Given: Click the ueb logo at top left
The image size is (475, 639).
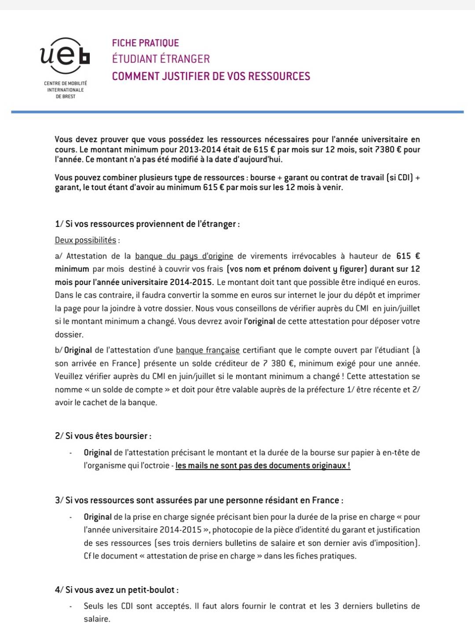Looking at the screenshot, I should [x=65, y=56].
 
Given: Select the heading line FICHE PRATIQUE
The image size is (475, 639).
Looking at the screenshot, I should [x=145, y=43].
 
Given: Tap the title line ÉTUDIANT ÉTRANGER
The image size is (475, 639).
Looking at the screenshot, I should [x=161, y=59].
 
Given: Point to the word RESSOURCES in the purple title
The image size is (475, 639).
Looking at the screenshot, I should [x=279, y=76].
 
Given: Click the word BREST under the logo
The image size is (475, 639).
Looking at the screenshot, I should [x=69, y=97].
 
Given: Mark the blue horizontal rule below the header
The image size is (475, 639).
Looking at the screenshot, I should [x=237, y=112].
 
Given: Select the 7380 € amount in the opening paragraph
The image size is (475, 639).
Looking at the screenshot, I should [x=387, y=150].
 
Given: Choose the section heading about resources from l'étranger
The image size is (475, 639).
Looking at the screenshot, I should [x=147, y=224].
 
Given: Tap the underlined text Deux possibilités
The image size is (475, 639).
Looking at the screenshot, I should [x=85, y=240].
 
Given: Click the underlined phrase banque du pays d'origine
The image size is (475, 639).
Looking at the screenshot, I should [x=184, y=256].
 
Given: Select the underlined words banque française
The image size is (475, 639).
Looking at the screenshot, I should [x=208, y=350].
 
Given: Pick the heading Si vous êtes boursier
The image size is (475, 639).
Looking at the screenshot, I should [x=103, y=436].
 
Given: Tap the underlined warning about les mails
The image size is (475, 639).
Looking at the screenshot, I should [x=263, y=466].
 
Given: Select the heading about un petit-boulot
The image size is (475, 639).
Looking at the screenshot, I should [x=117, y=590].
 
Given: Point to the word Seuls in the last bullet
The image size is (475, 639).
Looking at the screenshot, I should [x=94, y=606].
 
